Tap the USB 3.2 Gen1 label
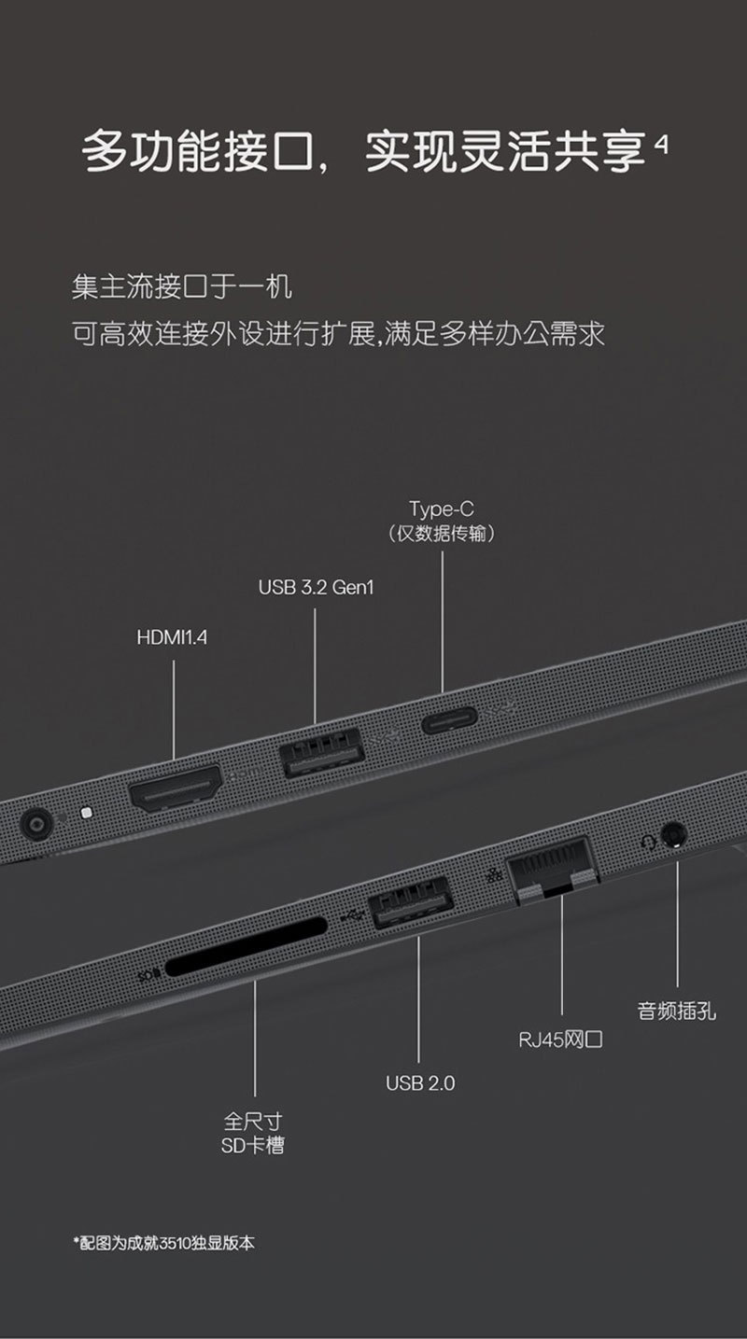(316, 589)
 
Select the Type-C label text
(441, 509)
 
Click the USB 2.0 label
(420, 1083)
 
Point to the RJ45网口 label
(560, 1039)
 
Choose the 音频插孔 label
(677, 1010)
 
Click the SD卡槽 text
(253, 1145)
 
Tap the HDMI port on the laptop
(175, 788)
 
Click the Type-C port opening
(449, 720)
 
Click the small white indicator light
(87, 812)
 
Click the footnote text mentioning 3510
(163, 1243)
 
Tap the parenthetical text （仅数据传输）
(441, 534)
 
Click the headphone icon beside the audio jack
(646, 843)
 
